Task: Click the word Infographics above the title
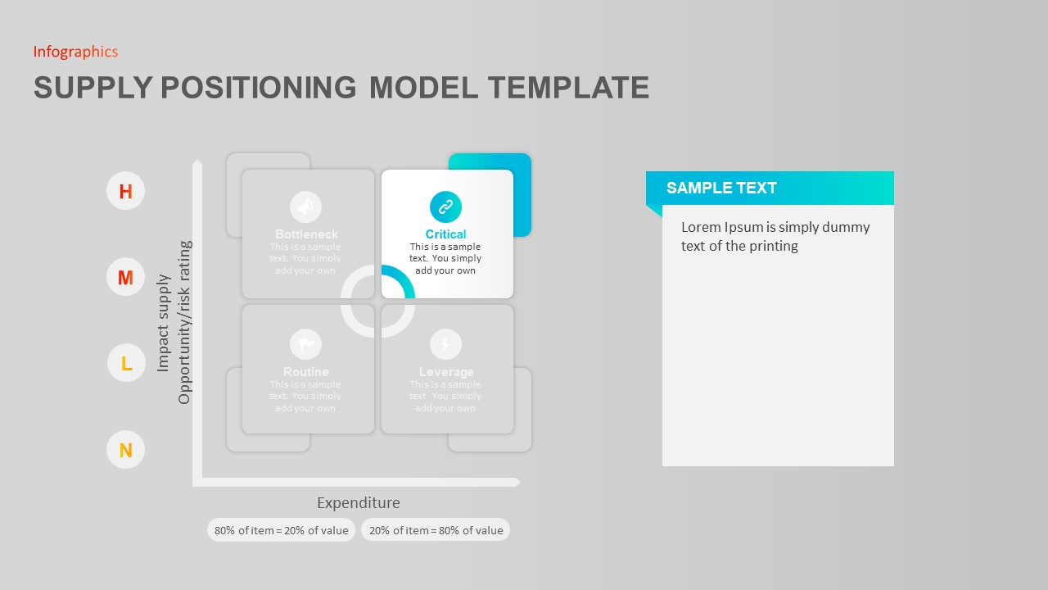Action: (x=75, y=52)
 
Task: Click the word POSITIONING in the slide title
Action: (x=258, y=88)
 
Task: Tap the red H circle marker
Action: (x=125, y=192)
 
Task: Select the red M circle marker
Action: (x=125, y=278)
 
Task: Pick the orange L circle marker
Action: (x=126, y=363)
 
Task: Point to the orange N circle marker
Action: (x=125, y=450)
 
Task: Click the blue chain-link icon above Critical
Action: (x=445, y=207)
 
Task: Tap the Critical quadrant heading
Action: (x=445, y=234)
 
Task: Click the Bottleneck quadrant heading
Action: (x=306, y=234)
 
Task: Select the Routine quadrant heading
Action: (x=306, y=372)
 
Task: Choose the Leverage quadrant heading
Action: (x=446, y=372)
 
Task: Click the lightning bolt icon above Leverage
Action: (x=445, y=344)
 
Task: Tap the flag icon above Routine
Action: (x=306, y=344)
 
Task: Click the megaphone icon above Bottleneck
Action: (x=306, y=207)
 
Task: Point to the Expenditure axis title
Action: (x=359, y=503)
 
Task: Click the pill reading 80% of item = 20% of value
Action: (x=281, y=530)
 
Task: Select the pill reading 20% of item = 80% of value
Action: (x=436, y=530)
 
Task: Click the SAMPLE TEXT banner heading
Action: (x=721, y=188)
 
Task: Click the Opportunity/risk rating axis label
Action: (x=184, y=322)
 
